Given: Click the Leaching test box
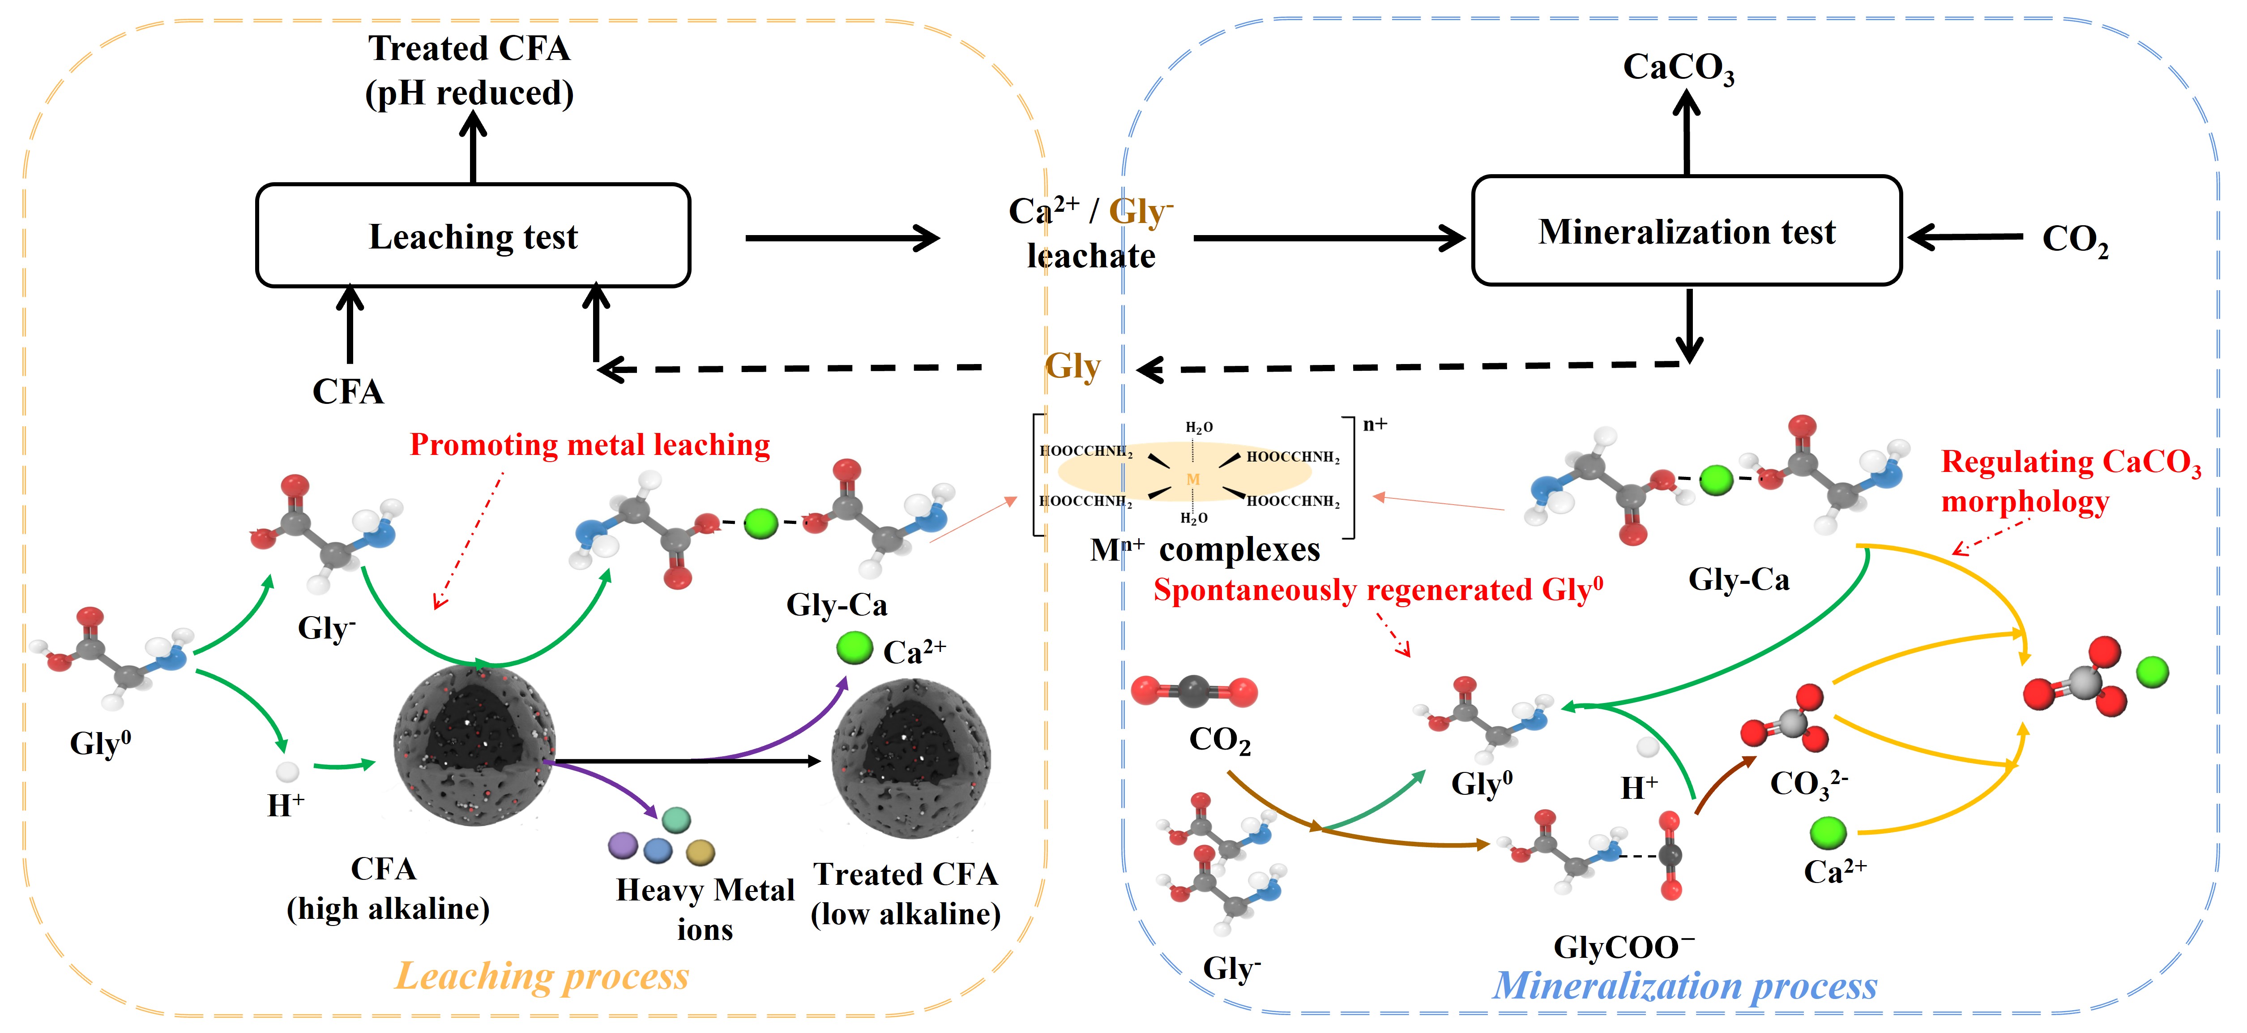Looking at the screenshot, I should tap(473, 236).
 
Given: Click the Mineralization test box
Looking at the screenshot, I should tap(1686, 231).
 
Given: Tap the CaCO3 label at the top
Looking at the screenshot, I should tap(1678, 68).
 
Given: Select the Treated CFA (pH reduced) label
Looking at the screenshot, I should tap(469, 70).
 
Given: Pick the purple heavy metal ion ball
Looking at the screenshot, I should tap(623, 844).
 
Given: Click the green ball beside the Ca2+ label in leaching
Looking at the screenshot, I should tap(854, 648).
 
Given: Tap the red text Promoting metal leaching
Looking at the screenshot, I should tap(590, 445).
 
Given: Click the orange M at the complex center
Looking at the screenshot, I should tap(1192, 479).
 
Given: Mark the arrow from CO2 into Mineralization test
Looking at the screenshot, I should tap(1965, 236).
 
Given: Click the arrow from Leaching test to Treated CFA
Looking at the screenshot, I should tap(473, 148).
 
